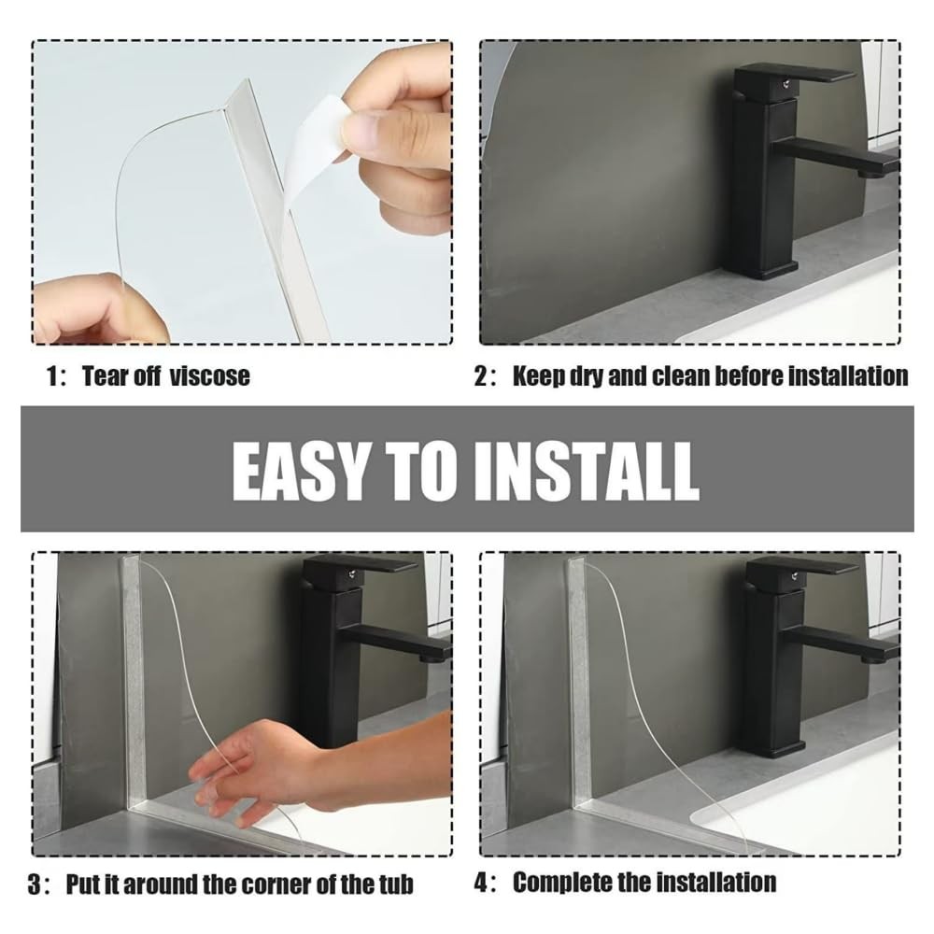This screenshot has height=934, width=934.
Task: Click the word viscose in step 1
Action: click(209, 376)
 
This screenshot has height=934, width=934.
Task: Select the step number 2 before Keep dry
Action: click(481, 376)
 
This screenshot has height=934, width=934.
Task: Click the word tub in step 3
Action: click(395, 884)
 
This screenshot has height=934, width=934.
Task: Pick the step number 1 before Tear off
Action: click(52, 376)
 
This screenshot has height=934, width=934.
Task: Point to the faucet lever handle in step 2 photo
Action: click(793, 76)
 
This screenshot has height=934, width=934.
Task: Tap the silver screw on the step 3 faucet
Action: click(354, 573)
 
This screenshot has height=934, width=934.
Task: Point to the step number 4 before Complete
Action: click(481, 883)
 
